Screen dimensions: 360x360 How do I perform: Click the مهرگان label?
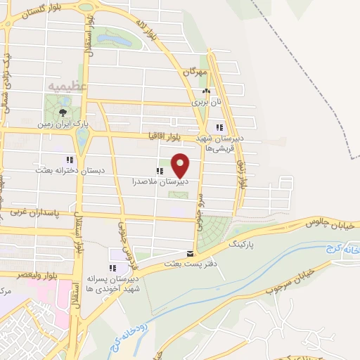click(195, 72)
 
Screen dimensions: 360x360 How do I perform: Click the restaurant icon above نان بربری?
click(205, 91)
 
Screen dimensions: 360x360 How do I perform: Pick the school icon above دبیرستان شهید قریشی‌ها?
click(219, 127)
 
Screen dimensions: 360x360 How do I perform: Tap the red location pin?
click(181, 165)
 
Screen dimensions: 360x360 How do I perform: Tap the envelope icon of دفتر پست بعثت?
click(189, 254)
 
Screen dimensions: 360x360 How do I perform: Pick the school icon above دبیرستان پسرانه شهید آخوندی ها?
click(112, 268)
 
